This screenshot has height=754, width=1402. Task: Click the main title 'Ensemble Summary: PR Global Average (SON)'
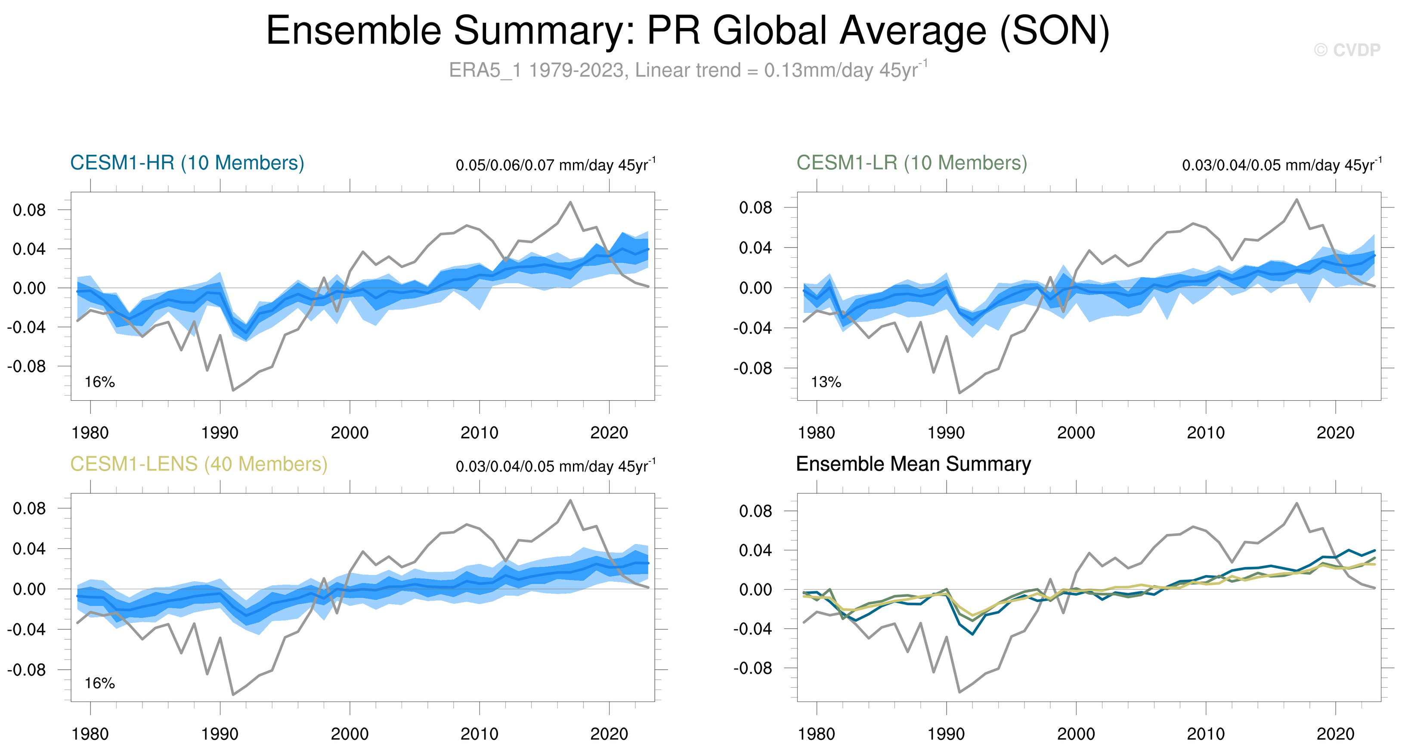click(687, 31)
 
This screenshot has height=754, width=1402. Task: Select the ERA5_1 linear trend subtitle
click(688, 70)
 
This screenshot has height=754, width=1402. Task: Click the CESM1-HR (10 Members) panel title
click(187, 163)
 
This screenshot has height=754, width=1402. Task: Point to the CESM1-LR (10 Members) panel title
click(912, 163)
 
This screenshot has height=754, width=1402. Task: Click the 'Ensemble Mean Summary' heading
click(913, 464)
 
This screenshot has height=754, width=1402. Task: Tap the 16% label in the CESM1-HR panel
click(99, 382)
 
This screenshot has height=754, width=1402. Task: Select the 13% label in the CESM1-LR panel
click(826, 382)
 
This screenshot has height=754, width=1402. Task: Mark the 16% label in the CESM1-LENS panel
click(99, 683)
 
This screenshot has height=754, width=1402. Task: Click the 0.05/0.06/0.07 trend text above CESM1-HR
click(555, 165)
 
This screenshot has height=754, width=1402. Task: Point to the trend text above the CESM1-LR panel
click(1281, 165)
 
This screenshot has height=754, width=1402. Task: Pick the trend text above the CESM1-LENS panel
click(555, 466)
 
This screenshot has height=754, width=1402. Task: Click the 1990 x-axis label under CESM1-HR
click(220, 433)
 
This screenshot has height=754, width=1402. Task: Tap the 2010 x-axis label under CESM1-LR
click(1206, 433)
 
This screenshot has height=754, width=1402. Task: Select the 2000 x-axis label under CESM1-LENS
click(350, 734)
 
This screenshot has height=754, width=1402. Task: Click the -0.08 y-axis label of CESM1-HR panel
click(27, 367)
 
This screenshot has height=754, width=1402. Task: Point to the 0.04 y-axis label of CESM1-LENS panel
click(29, 549)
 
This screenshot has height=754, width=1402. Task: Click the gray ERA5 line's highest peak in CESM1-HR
click(570, 202)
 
